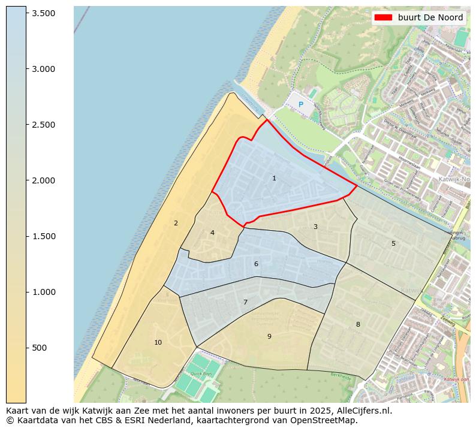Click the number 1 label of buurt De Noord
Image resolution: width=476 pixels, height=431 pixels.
tap(274, 178)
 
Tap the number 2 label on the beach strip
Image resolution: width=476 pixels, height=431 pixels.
tap(176, 223)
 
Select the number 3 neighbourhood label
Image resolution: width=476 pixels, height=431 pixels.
tap(315, 227)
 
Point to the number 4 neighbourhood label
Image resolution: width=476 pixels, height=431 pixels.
tap(212, 233)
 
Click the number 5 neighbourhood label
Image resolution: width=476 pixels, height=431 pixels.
tap(393, 243)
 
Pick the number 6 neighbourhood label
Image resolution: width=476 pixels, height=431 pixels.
tap(256, 264)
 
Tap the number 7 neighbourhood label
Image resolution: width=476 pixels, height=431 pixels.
tap(245, 302)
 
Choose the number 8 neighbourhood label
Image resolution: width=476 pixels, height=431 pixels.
tap(358, 324)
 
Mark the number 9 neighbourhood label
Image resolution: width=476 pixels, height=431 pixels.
tap(269, 336)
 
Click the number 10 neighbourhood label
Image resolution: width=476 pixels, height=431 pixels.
tap(158, 342)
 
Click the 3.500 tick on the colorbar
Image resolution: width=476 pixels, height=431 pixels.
tap(43, 13)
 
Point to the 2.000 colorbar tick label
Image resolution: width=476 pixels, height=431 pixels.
tap(43, 180)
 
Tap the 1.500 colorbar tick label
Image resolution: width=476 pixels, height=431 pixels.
tap(43, 236)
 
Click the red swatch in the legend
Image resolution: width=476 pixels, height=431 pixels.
tap(383, 17)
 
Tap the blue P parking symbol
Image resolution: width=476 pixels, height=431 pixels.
tap(301, 105)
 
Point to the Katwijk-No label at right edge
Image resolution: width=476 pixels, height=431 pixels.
tap(454, 179)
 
